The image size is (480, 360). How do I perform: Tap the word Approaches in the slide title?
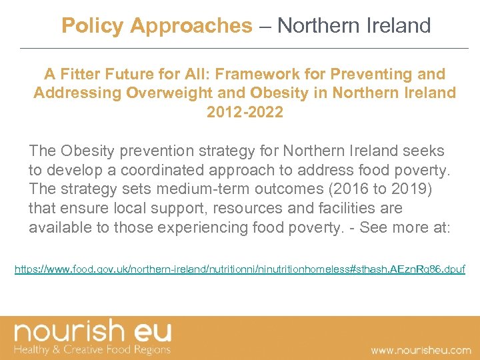point(191,26)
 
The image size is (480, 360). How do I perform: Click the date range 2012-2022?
point(245,111)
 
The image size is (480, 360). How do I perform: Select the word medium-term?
point(201,190)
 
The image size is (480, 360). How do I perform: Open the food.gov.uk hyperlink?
point(240,270)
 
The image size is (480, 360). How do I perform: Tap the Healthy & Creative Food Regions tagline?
point(93,349)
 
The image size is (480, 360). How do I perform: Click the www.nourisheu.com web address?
point(421,349)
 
